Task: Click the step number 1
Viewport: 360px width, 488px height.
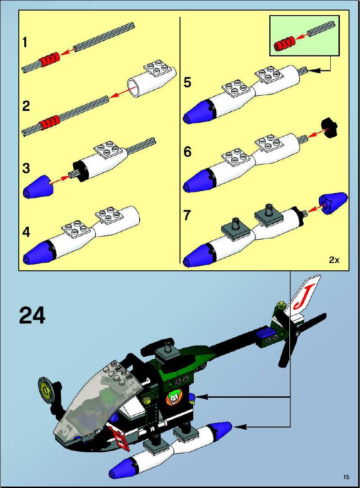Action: click(x=25, y=42)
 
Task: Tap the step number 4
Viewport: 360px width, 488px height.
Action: click(x=26, y=232)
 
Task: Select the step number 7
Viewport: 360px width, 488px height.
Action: click(x=187, y=215)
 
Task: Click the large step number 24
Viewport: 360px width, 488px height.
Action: click(x=33, y=315)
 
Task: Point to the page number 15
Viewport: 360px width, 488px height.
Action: click(x=346, y=477)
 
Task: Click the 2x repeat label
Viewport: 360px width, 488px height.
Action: click(x=334, y=260)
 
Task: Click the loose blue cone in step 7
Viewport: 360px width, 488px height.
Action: click(x=333, y=203)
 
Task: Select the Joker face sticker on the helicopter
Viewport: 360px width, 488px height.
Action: click(x=173, y=398)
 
